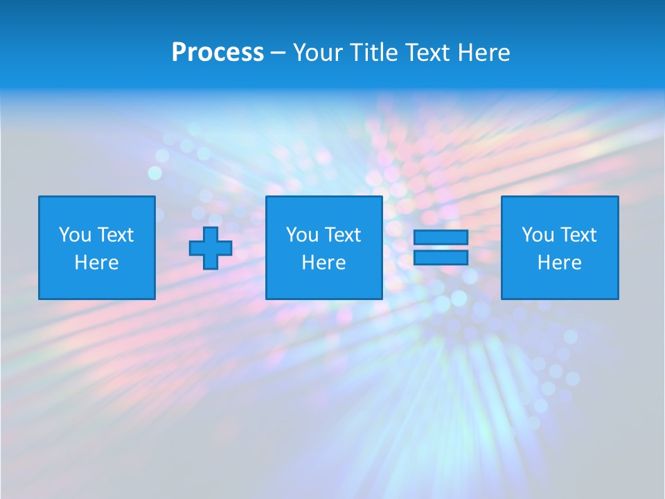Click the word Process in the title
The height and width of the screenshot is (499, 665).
[218, 53]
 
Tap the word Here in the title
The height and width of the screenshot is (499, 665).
[483, 53]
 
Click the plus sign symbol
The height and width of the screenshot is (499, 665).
[211, 248]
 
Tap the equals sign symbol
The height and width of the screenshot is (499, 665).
[441, 248]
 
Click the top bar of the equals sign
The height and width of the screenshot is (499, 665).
[441, 238]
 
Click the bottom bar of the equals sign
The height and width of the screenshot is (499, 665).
[441, 258]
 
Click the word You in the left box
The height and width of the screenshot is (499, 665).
[74, 235]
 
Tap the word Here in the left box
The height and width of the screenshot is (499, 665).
[97, 263]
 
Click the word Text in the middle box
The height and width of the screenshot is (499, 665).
[342, 235]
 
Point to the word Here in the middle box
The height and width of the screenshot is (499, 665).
[324, 263]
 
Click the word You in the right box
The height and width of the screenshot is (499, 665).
[537, 235]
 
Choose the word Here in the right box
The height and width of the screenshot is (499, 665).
[560, 263]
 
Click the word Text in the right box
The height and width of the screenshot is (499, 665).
[578, 235]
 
